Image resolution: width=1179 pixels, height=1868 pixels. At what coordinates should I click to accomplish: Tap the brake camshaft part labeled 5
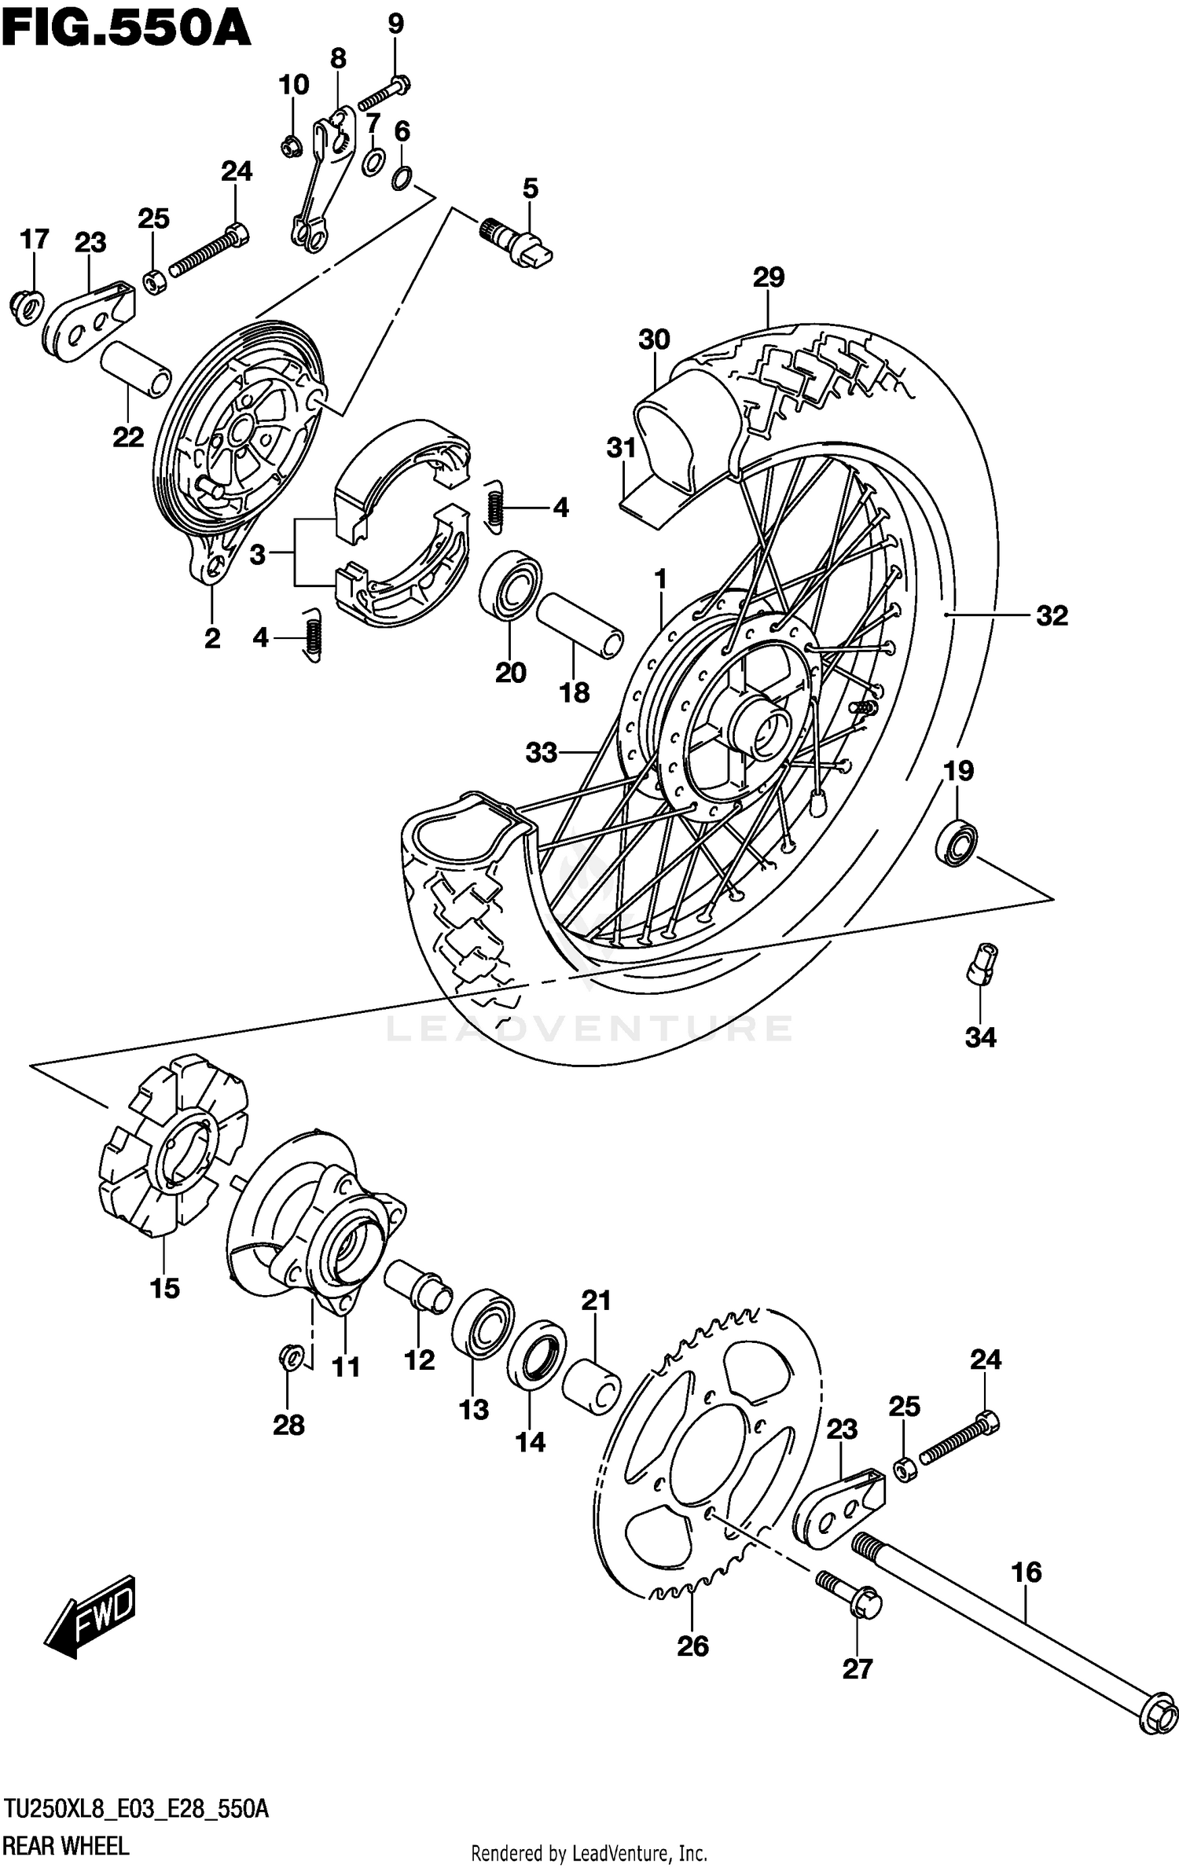[x=519, y=240]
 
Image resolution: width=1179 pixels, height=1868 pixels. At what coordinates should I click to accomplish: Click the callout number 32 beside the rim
[x=1052, y=615]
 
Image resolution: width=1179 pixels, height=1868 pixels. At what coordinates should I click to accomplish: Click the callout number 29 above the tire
[x=768, y=277]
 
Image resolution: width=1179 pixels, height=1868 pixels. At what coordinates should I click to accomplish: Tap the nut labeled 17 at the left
[x=27, y=306]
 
